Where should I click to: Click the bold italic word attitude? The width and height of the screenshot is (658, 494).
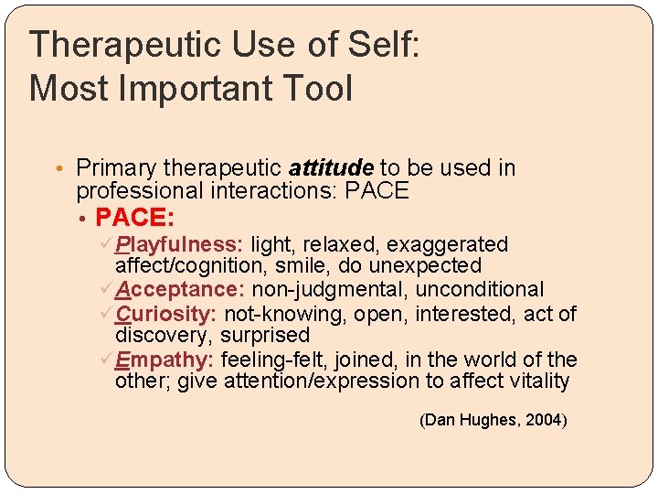click(331, 168)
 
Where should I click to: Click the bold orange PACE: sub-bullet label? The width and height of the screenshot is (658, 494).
click(135, 218)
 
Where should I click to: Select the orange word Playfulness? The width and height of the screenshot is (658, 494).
click(179, 244)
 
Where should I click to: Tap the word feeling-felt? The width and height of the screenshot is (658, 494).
click(273, 360)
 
